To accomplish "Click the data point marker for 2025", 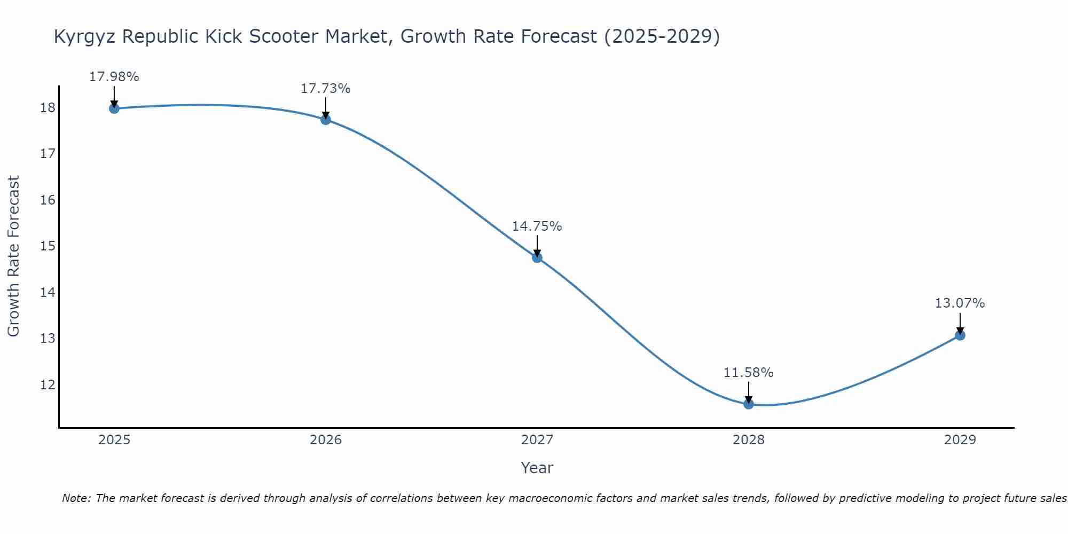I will (114, 108).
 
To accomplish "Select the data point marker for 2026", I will (325, 120).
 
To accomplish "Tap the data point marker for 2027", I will (537, 258).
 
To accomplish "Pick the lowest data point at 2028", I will (749, 404).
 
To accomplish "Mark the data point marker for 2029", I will (960, 335).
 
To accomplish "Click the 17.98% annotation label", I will (114, 77).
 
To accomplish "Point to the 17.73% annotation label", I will (325, 89).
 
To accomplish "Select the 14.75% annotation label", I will (537, 226).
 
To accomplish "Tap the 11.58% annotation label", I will (748, 373).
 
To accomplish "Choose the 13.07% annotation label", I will (960, 303).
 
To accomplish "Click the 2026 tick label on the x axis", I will (326, 440).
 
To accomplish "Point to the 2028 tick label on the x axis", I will (749, 440).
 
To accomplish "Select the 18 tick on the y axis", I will (48, 108).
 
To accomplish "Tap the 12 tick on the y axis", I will (48, 384).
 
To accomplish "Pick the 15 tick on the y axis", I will (48, 246).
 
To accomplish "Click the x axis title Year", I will (537, 468).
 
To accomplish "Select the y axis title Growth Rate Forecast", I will (13, 256).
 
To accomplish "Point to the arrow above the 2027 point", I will (537, 246).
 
